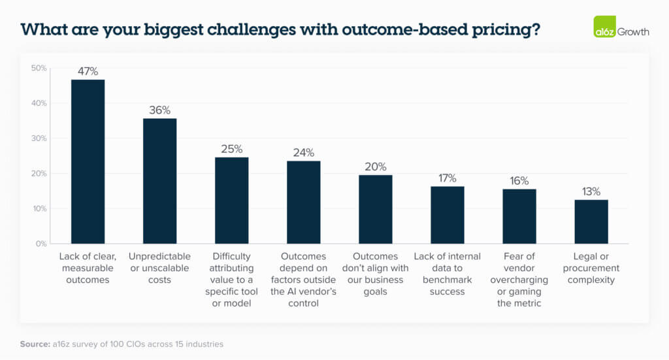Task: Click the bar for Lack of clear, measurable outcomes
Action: (88, 161)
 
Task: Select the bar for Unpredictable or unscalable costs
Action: (159, 181)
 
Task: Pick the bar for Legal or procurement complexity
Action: (591, 221)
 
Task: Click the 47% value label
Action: (88, 71)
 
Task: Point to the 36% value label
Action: (159, 110)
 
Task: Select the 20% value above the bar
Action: (376, 167)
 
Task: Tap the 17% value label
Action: (448, 178)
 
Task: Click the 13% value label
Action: (591, 191)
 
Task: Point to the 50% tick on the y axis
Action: (39, 68)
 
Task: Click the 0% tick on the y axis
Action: (41, 244)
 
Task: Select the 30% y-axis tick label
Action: (39, 139)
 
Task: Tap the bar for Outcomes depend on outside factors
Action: (303, 202)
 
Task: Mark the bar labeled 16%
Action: (519, 216)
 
